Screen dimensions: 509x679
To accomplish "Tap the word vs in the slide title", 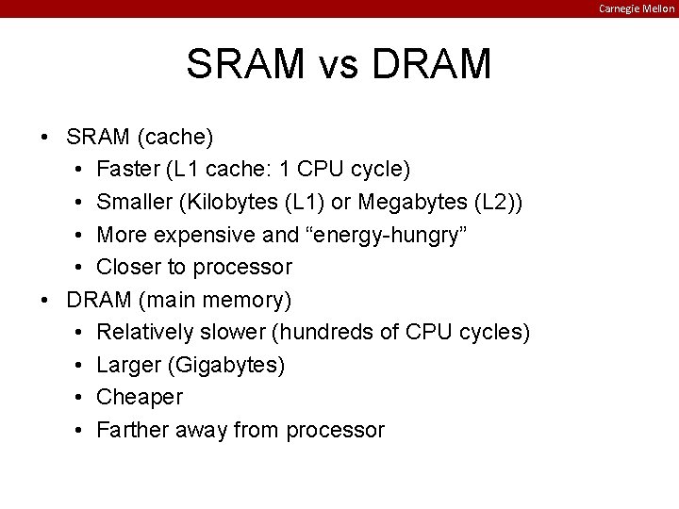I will pyautogui.click(x=339, y=65).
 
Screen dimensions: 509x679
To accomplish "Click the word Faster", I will pyautogui.click(x=128, y=170).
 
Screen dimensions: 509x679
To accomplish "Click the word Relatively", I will pyautogui.click(x=145, y=332).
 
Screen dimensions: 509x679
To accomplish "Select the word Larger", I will pyautogui.click(x=130, y=364).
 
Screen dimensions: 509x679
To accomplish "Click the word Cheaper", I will pyautogui.click(x=140, y=397).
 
